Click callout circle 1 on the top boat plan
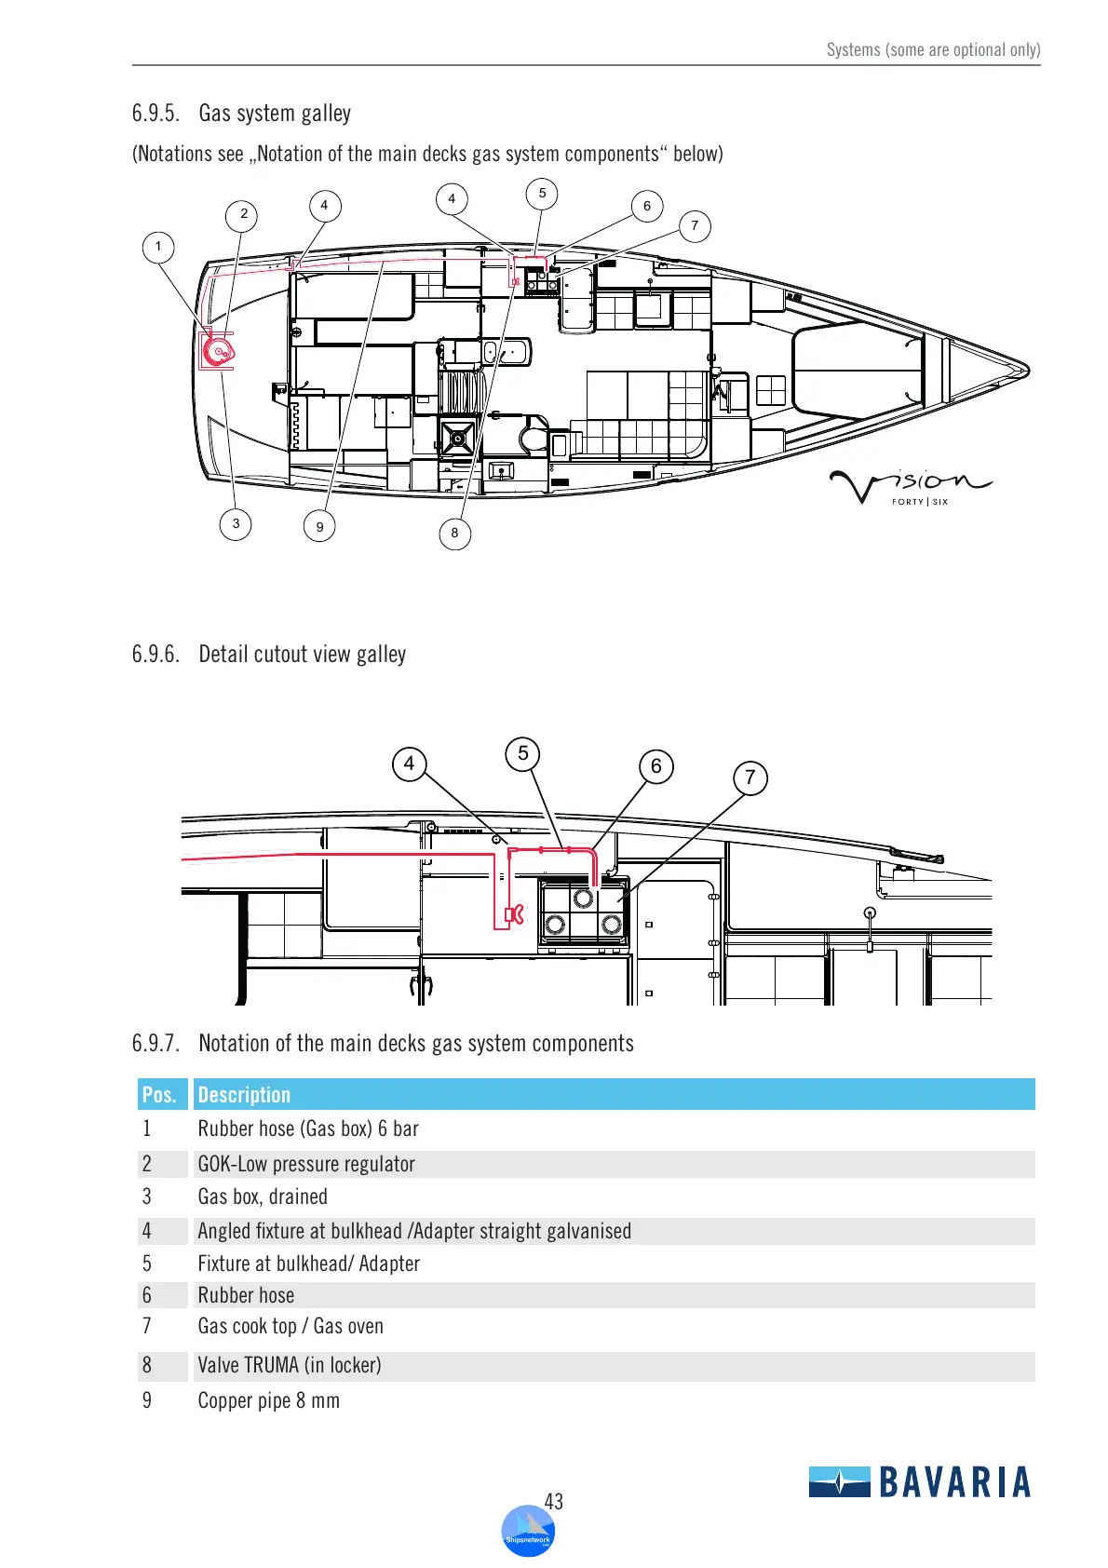[x=158, y=247]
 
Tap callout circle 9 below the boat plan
[x=319, y=526]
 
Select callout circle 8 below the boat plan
[x=454, y=534]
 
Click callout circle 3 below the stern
[x=236, y=523]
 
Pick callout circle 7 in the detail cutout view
[x=750, y=777]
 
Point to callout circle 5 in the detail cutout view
[x=523, y=753]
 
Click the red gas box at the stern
[x=218, y=351]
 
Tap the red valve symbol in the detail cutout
[x=514, y=914]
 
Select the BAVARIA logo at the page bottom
[x=920, y=1481]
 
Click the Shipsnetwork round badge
[x=528, y=1532]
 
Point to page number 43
[x=554, y=1502]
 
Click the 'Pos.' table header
[x=159, y=1095]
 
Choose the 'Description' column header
[x=244, y=1095]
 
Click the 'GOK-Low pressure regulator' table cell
[x=306, y=1164]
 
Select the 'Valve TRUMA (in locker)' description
[x=290, y=1365]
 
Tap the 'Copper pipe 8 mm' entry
[x=268, y=1400]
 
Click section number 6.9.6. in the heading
[x=155, y=655]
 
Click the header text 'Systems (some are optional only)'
[x=933, y=50]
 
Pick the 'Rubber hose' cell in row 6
[x=246, y=1295]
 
